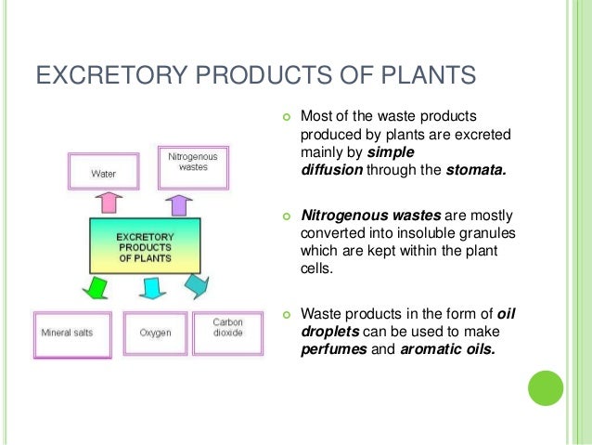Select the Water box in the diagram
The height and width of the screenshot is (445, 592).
pos(104,170)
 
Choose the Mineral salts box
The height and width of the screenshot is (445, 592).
pos(68,330)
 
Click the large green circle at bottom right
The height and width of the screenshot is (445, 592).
pos(546,387)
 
